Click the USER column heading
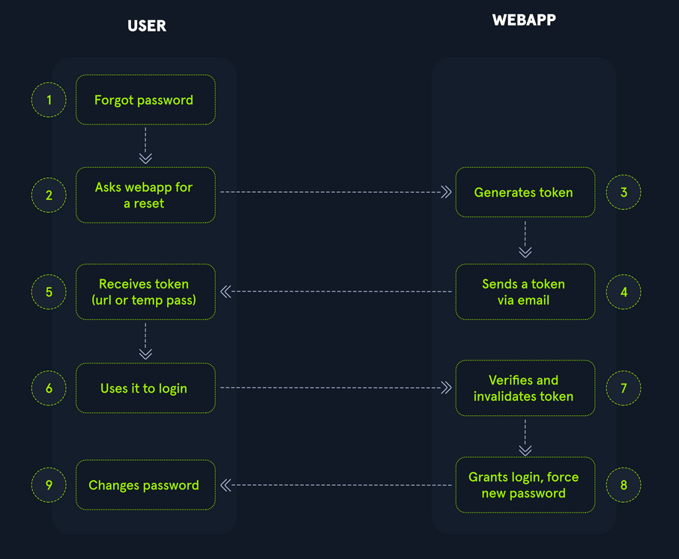point(146,25)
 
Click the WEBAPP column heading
point(524,20)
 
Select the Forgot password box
point(145,100)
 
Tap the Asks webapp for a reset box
point(145,195)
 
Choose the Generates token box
point(525,193)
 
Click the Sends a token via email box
point(525,291)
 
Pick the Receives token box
point(145,291)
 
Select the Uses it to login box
point(145,388)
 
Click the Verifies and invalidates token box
point(525,388)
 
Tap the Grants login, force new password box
point(525,485)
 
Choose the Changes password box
point(145,485)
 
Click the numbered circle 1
point(49,100)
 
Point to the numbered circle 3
point(624,193)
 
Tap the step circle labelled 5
point(49,291)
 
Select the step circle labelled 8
point(624,485)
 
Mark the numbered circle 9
point(49,485)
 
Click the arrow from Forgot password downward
point(145,145)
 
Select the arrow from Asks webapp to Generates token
point(336,193)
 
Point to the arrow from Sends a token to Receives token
point(336,291)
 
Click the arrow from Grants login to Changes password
point(336,485)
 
